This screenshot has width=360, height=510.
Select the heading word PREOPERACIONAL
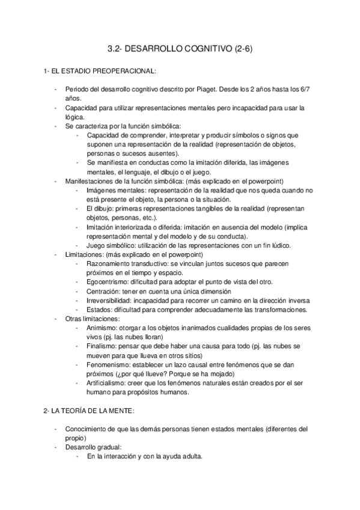pyautogui.click(x=125, y=71)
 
